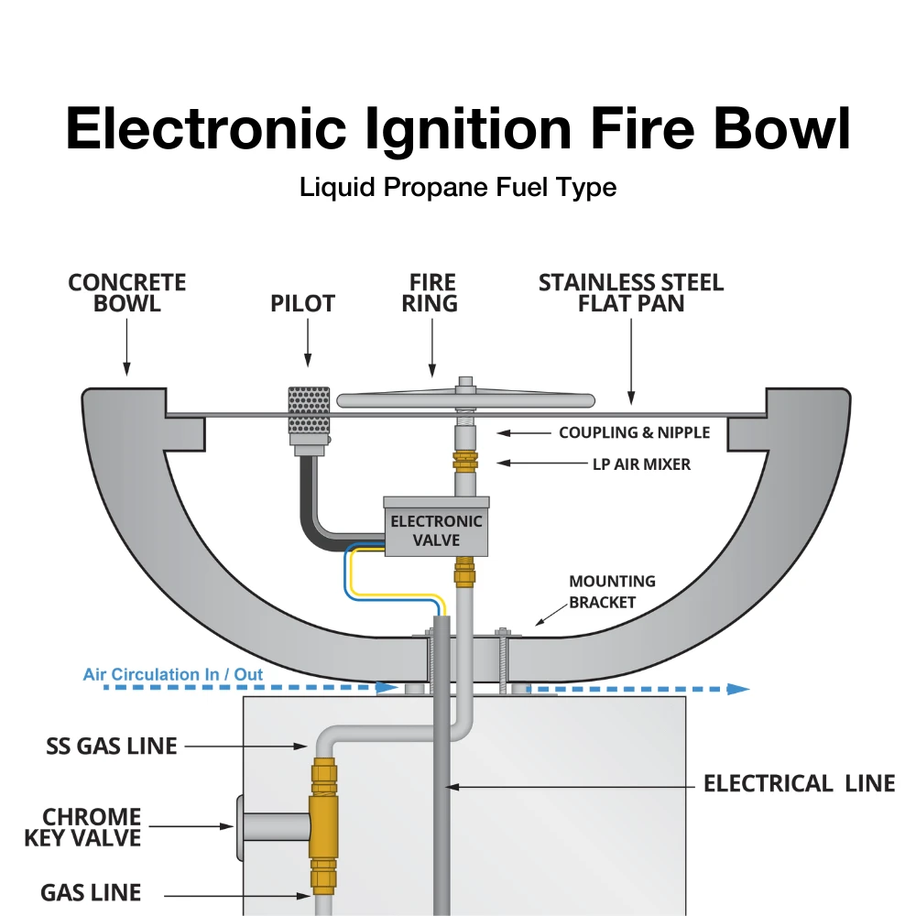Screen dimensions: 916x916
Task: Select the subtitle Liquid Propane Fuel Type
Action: pos(458,188)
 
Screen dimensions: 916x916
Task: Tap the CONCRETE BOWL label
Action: pos(126,293)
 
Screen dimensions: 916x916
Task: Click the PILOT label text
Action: pos(302,303)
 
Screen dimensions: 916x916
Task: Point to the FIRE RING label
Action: pos(430,293)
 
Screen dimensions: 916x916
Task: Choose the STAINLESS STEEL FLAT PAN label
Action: pos(631,293)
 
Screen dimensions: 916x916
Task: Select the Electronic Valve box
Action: pos(436,529)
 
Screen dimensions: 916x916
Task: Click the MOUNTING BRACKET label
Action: pos(612,592)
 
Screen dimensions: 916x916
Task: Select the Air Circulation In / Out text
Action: pos(173,675)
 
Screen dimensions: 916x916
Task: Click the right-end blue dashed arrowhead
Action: pos(738,688)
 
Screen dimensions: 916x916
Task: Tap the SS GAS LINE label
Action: pos(112,747)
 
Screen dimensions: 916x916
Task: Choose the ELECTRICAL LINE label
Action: pos(799,784)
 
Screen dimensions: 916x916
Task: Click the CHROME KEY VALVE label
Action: pos(92,827)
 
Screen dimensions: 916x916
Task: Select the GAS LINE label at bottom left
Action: pos(91,892)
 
